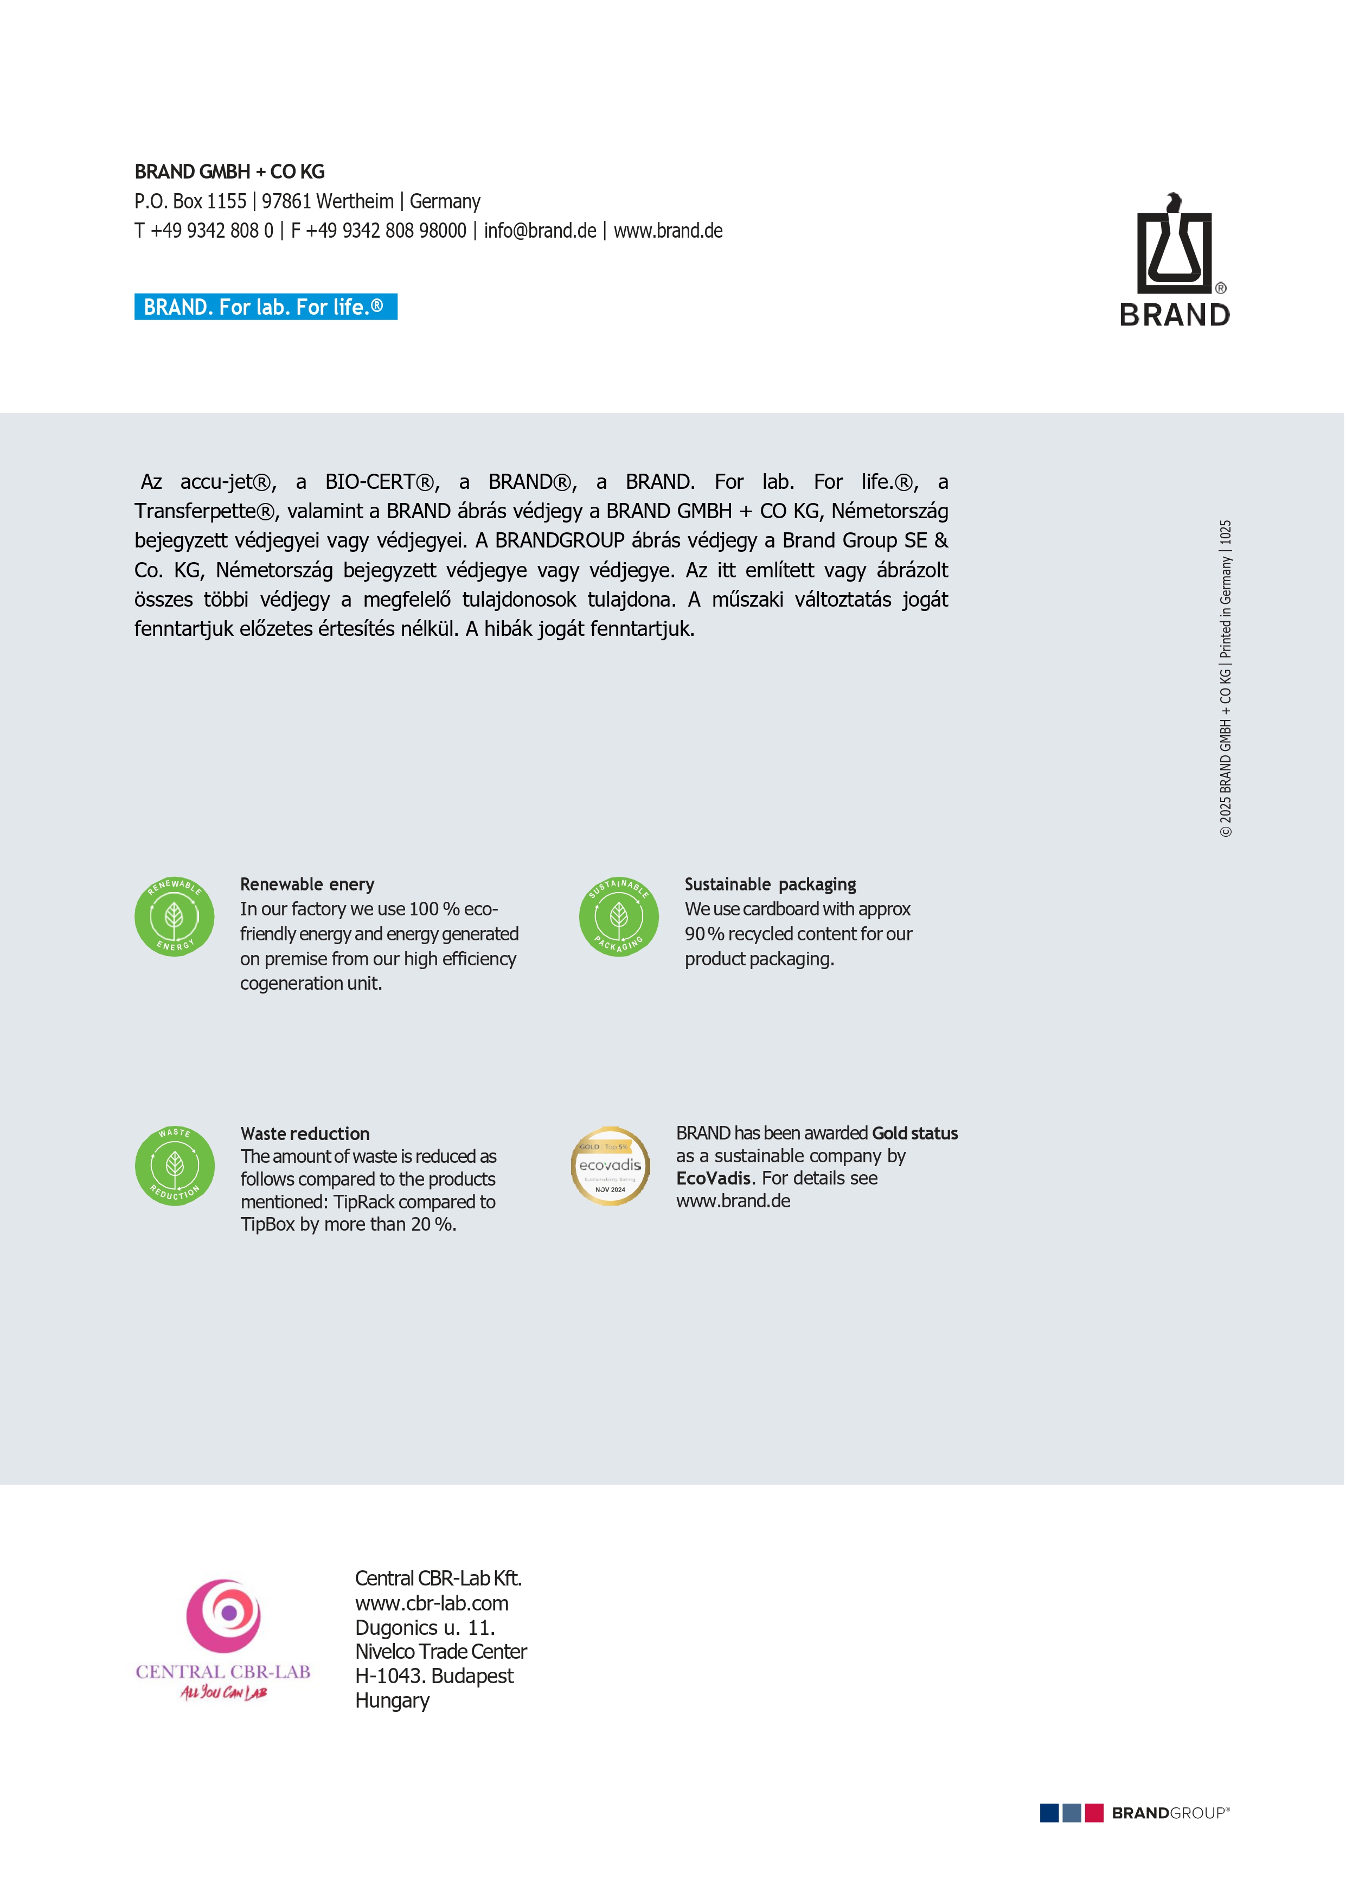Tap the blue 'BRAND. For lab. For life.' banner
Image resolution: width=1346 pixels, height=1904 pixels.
click(x=265, y=307)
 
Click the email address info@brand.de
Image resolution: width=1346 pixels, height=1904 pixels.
click(x=540, y=231)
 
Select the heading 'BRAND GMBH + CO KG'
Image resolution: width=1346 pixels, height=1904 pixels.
click(x=229, y=171)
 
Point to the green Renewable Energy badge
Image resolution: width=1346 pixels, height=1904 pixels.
click(x=174, y=916)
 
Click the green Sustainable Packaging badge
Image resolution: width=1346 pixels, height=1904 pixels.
click(x=618, y=916)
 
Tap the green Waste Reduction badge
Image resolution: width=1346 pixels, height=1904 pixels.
click(x=174, y=1165)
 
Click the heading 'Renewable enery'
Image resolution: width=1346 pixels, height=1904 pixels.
click(x=306, y=884)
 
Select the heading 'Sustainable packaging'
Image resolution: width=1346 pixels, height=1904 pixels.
click(x=770, y=884)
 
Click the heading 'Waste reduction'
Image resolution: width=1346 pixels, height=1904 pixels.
click(x=305, y=1134)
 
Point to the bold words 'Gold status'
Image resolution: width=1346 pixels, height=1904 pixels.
click(x=914, y=1133)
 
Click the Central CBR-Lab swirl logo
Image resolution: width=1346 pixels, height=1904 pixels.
click(x=224, y=1615)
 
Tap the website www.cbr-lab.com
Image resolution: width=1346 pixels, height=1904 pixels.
click(x=432, y=1603)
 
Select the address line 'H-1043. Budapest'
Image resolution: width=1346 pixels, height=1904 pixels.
click(x=434, y=1676)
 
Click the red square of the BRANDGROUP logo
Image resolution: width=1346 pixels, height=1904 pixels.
click(x=1094, y=1813)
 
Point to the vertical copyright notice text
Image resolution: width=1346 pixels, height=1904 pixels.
click(x=1225, y=678)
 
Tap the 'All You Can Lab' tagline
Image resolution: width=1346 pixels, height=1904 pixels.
click(x=224, y=1692)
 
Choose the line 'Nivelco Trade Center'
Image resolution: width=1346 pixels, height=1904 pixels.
click(x=441, y=1651)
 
